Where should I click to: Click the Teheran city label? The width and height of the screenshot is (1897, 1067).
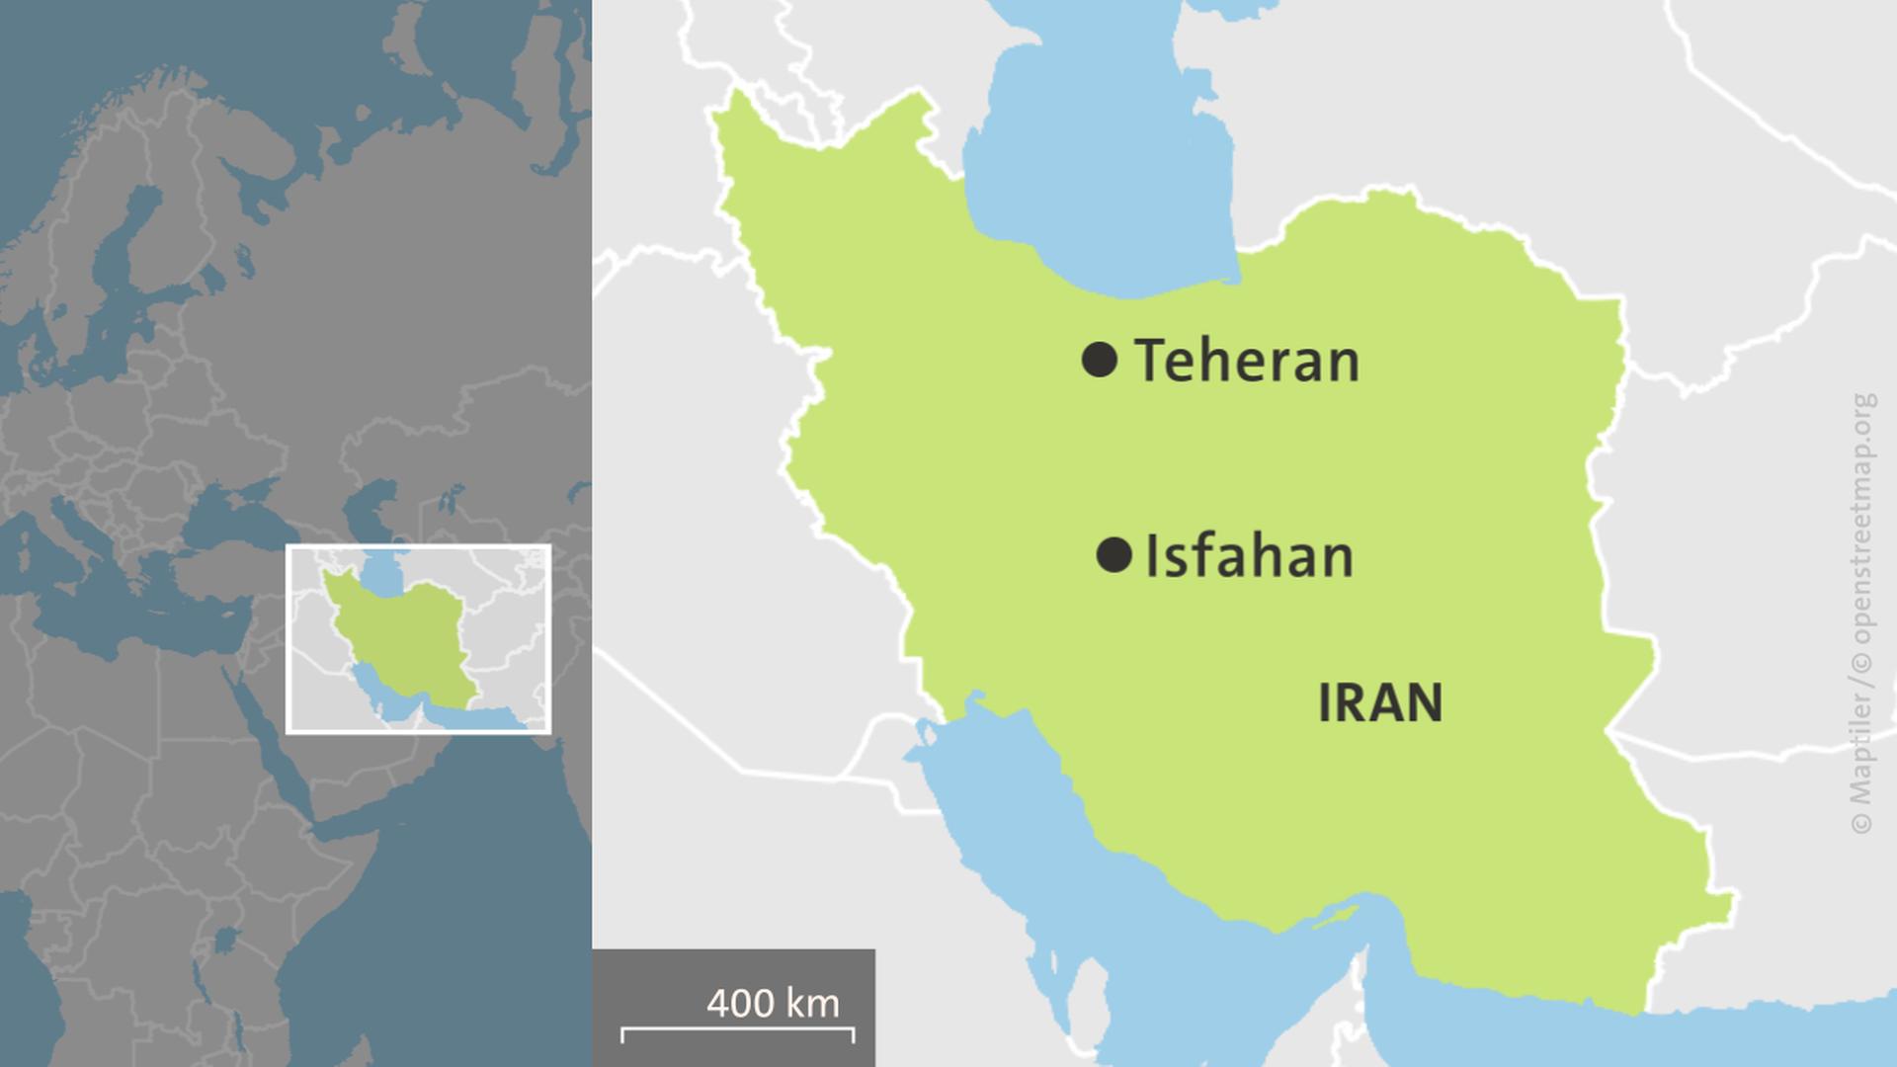[1247, 361]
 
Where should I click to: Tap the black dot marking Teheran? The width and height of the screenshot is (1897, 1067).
[1100, 359]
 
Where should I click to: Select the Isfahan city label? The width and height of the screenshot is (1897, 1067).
[1249, 556]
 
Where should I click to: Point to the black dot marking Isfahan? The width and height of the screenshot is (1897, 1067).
[1113, 555]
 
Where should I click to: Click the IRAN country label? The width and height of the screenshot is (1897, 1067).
[1380, 703]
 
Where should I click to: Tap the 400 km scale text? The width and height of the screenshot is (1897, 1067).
[773, 1003]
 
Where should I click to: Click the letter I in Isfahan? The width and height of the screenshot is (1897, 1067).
[1152, 556]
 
